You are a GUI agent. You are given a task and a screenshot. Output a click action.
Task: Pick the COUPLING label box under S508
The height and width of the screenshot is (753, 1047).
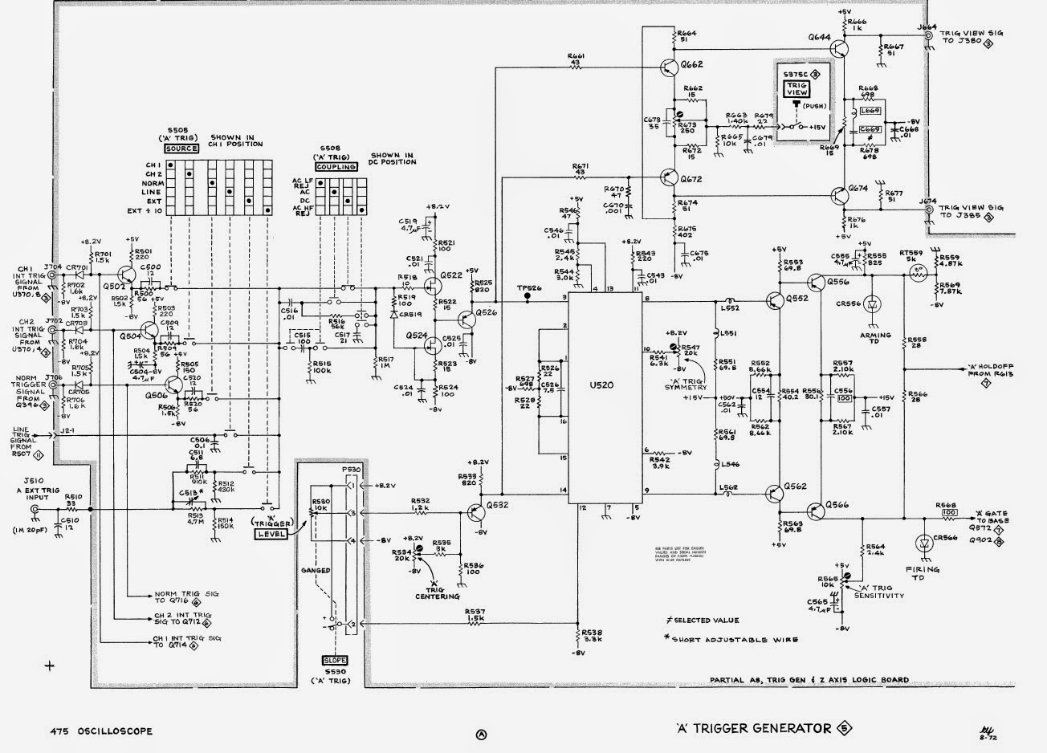coord(336,167)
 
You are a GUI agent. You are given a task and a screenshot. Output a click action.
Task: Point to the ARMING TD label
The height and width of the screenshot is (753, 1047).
coord(874,340)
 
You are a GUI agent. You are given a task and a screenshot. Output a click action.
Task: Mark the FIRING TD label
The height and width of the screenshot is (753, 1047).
coord(923,573)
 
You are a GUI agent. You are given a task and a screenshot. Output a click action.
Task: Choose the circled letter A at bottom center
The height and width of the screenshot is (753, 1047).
coord(481,734)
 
